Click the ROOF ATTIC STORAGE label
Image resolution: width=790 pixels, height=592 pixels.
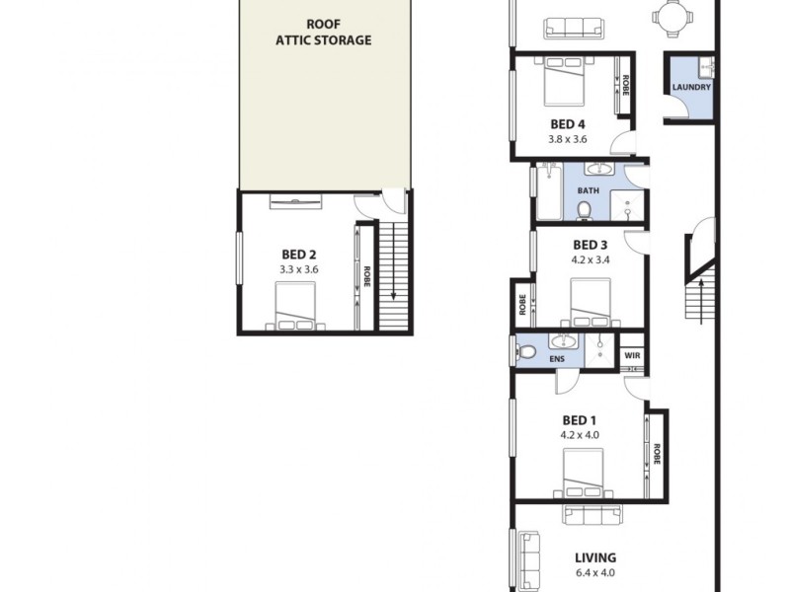tap(324, 33)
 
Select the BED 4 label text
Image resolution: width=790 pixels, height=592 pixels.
tap(568, 124)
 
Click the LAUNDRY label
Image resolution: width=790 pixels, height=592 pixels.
tap(690, 88)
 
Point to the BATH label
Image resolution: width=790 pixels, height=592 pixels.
tap(588, 190)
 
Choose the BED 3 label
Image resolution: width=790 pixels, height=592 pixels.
tap(590, 245)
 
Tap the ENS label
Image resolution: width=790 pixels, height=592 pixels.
tap(560, 359)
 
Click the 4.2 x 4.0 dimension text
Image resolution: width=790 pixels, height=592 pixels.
tap(580, 434)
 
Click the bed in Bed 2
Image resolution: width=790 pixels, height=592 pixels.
tap(297, 306)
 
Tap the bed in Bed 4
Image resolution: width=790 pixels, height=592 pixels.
tap(566, 81)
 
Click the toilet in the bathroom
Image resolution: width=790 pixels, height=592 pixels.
tap(584, 209)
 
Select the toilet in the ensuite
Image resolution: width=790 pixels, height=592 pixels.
tap(523, 350)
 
